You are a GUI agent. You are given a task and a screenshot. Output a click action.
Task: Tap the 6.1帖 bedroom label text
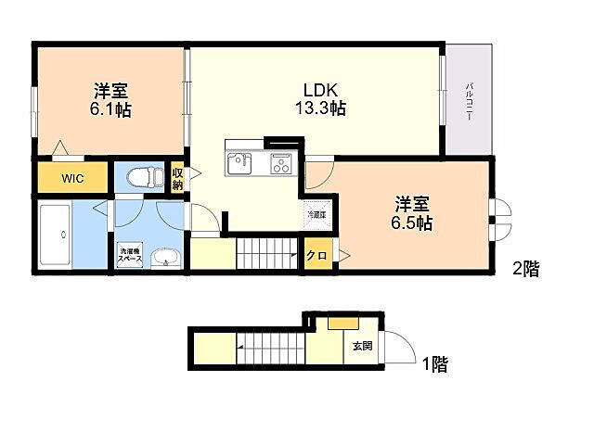click(x=110, y=99)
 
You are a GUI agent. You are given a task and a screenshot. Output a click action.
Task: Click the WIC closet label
click(x=73, y=179)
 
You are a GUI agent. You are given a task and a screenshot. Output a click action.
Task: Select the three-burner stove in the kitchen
click(x=280, y=164)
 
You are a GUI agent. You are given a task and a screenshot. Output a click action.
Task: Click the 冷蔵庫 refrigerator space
click(x=317, y=214)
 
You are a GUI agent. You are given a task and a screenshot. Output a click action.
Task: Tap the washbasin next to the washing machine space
click(x=166, y=257)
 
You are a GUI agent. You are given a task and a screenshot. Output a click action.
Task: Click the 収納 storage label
click(x=177, y=177)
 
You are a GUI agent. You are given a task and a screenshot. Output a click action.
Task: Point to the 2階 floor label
click(x=526, y=270)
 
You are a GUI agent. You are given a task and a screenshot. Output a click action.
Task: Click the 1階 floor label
click(x=433, y=364)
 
